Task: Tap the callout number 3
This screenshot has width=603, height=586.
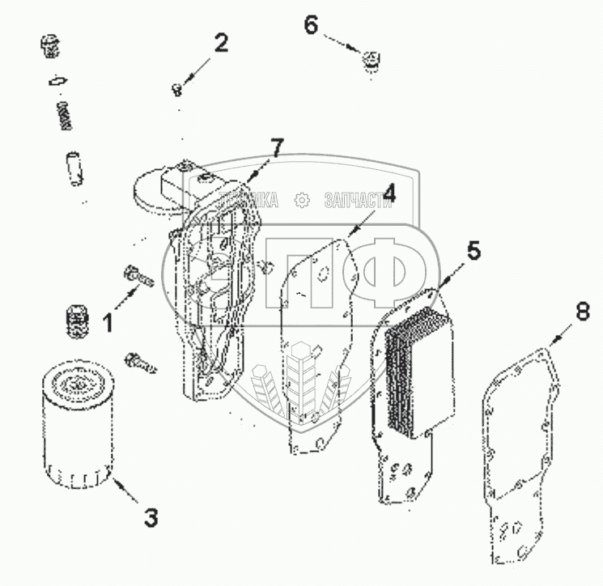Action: pos(151,517)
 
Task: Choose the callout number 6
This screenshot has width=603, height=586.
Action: pos(312,24)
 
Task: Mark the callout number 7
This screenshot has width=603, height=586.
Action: pos(276,148)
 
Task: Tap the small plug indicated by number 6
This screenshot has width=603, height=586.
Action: pos(371,60)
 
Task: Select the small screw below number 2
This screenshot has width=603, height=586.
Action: pos(176,89)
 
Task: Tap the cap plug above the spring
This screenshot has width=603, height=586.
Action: pos(50,48)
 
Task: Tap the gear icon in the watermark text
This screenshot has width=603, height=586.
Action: pos(300,199)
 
